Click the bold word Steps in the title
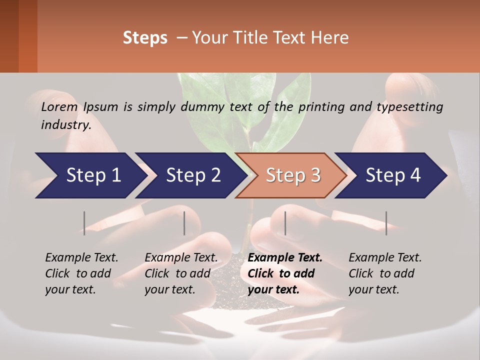(x=145, y=38)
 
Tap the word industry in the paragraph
(x=65, y=125)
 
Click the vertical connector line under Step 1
(x=84, y=223)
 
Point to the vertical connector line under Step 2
(x=184, y=223)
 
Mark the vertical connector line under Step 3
(x=285, y=223)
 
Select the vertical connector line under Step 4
(x=386, y=223)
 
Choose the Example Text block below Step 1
(x=81, y=273)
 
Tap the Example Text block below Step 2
(x=181, y=273)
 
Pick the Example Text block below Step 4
(x=385, y=273)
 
